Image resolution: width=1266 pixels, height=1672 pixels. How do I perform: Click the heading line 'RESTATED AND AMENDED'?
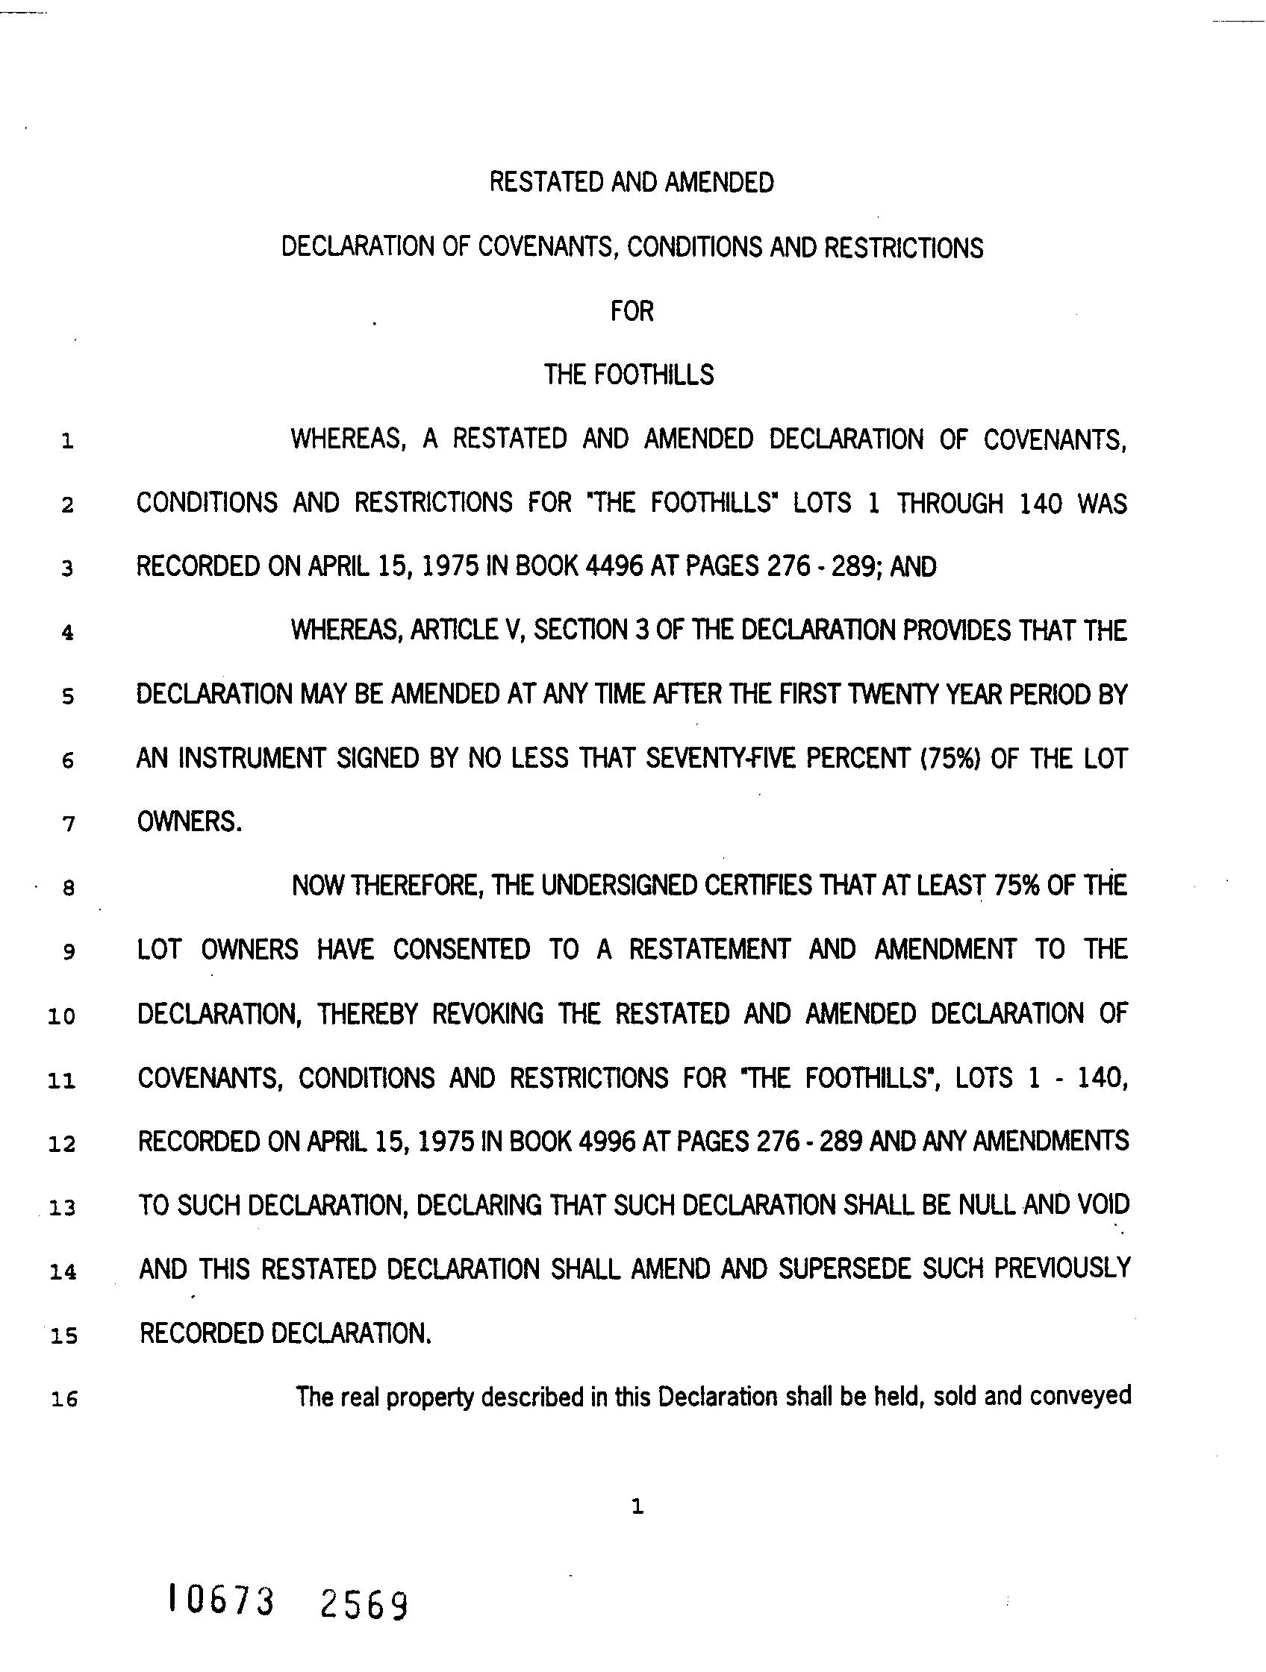point(632,183)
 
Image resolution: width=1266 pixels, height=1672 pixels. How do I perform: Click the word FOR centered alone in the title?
point(632,311)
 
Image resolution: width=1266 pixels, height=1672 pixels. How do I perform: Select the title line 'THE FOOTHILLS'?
point(629,375)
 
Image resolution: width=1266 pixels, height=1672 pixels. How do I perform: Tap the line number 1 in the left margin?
point(67,442)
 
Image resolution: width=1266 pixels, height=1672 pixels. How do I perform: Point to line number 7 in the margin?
point(68,824)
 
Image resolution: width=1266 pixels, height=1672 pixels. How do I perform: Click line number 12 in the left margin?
point(62,1145)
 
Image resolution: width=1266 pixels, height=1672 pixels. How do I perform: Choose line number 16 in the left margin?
point(63,1400)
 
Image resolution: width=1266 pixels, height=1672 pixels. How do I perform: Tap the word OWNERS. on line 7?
point(189,822)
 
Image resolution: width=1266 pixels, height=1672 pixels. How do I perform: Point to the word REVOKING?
point(487,1014)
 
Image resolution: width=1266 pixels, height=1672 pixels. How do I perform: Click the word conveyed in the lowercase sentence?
point(1081,1396)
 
